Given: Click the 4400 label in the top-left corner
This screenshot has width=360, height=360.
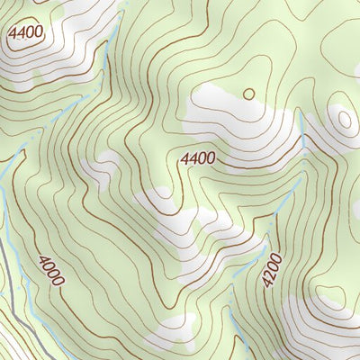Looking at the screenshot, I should tap(24, 34).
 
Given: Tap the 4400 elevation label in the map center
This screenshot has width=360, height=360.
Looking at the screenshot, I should tap(197, 158).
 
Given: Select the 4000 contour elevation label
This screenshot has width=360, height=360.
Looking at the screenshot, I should tap(50, 271).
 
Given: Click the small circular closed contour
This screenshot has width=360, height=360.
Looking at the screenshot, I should tap(248, 93).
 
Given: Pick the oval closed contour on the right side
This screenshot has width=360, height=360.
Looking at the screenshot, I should tap(343, 119).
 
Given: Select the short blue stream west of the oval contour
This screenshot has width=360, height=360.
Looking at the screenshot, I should tap(304, 135).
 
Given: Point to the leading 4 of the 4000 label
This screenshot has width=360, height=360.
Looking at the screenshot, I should tap(43, 259).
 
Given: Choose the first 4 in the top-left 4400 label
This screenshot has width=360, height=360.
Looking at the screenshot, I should tap(12, 32).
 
